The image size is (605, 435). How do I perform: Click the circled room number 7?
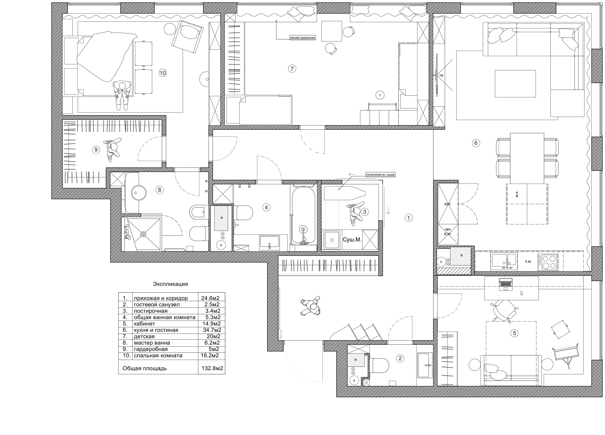pos(292,69)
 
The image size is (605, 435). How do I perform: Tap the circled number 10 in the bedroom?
pos(162,73)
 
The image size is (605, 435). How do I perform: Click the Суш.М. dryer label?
pos(352,240)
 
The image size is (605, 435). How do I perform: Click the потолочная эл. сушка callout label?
pos(380,175)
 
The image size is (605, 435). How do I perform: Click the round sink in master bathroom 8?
pos(139,193)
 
